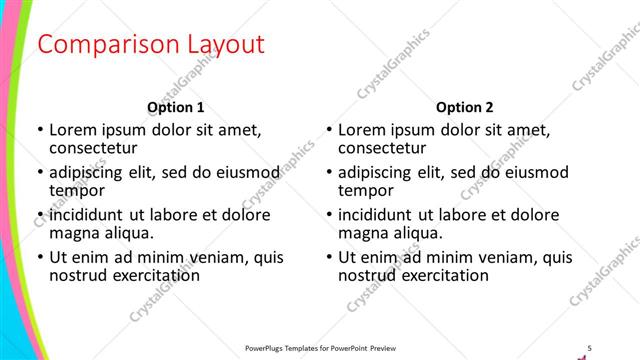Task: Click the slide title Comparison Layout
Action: [151, 45]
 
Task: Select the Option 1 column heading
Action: [176, 107]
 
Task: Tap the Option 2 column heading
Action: [464, 107]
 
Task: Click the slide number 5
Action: [589, 347]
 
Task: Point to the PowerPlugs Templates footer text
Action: [320, 347]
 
